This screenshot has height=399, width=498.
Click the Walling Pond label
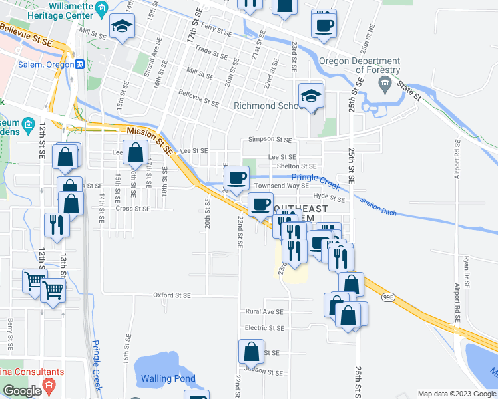pos(168,378)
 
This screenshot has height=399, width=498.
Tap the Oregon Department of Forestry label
pos(360,65)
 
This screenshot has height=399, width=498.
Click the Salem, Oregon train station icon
pos(79,65)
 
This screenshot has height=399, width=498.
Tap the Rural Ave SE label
pos(264,311)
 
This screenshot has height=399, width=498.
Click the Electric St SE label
pos(264,328)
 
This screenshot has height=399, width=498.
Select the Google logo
pos(22,391)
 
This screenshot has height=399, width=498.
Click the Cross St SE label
pos(133,208)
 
